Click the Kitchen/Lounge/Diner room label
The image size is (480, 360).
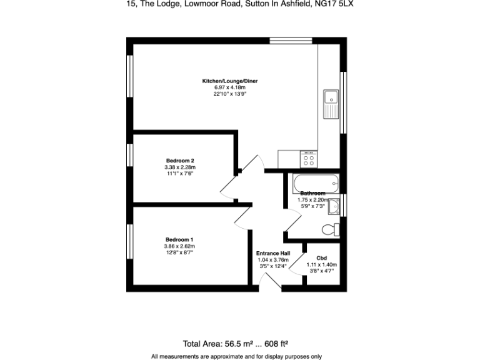tap(229, 81)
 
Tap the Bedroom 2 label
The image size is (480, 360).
tap(179, 161)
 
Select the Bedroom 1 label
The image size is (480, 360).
tap(179, 239)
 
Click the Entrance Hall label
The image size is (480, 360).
tap(272, 253)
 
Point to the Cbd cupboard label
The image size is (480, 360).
tap(321, 257)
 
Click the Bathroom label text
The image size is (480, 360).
tap(312, 193)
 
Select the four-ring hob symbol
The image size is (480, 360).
tap(309, 159)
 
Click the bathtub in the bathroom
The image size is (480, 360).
tap(312, 184)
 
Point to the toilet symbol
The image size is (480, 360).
tap(331, 229)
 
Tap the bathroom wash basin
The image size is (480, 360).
tap(334, 206)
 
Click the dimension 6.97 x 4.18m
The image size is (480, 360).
tap(229, 87)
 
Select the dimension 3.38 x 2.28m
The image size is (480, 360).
tap(179, 167)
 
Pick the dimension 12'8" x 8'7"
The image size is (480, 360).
tap(179, 252)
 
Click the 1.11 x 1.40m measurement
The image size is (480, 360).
tap(321, 264)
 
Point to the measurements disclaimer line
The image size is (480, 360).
tap(236, 356)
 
